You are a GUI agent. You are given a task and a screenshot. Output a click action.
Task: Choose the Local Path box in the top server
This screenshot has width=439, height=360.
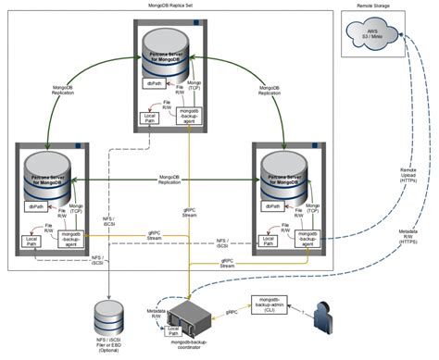coord(148,118)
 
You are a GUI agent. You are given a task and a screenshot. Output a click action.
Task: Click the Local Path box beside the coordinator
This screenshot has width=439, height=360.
coord(172,329)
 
